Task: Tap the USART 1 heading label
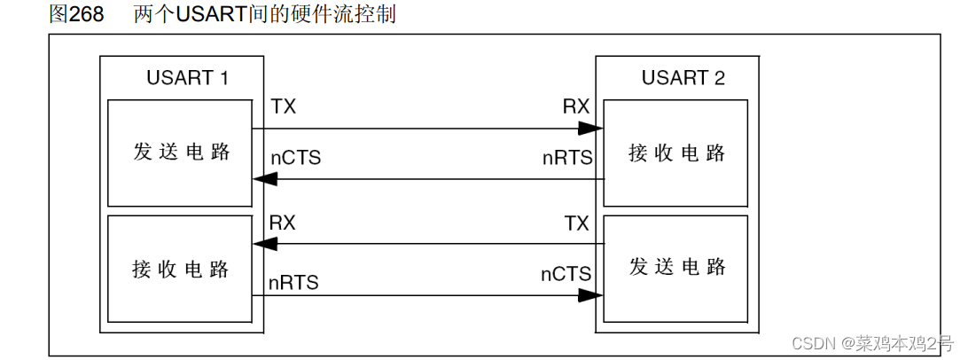coord(187,78)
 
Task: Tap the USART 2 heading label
coord(683,78)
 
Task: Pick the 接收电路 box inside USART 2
coord(677,152)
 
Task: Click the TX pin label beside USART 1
coord(284,107)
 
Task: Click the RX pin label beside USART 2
coord(576,107)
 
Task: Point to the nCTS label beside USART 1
coord(295,158)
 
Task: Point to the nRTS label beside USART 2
coord(567,158)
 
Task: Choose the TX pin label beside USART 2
coord(576,223)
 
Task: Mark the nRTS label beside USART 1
coord(294,283)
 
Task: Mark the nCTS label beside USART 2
coord(566,275)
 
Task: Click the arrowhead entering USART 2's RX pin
coord(591,129)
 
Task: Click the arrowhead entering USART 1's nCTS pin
coord(265,179)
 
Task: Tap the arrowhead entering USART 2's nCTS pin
coord(591,295)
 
